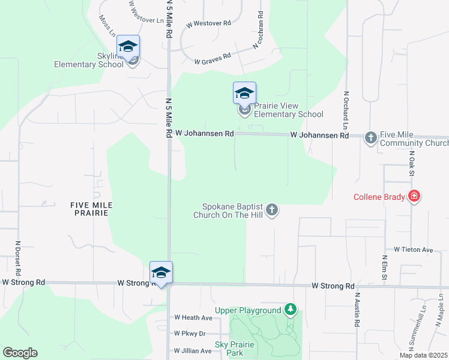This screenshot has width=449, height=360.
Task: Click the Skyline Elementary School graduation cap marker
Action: click(x=128, y=46)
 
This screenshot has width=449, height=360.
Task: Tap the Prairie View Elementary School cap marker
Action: click(x=244, y=94)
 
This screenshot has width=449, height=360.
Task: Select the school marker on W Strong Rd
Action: click(x=161, y=273)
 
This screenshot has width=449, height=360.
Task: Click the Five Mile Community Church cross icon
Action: click(x=370, y=137)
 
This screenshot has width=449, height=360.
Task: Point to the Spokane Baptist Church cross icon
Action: click(x=272, y=209)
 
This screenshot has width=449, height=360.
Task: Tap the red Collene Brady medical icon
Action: click(x=414, y=196)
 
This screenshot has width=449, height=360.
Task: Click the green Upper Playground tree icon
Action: click(x=291, y=310)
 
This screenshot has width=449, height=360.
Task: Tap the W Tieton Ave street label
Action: click(x=413, y=249)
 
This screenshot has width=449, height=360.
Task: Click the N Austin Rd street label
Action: click(x=357, y=310)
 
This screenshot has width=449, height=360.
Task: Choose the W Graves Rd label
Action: click(x=212, y=59)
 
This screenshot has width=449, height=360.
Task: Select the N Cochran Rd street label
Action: click(x=259, y=30)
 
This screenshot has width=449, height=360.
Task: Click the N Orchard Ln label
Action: click(x=346, y=110)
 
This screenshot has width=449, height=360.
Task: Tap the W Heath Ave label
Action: click(x=193, y=317)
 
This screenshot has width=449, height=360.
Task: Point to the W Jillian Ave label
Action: click(x=193, y=350)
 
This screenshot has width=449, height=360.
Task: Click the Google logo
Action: click(x=20, y=353)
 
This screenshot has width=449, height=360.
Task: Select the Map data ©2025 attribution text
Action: click(x=423, y=355)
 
